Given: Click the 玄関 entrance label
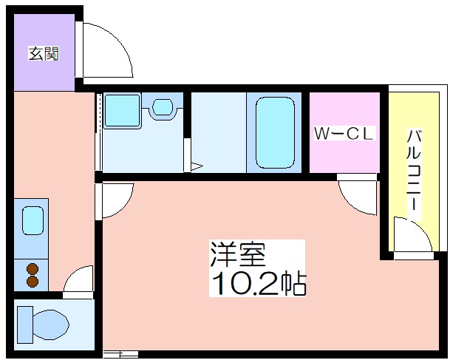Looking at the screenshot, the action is (x=44, y=54).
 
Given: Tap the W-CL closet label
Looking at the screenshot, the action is (x=344, y=133).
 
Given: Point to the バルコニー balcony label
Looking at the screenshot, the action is (x=414, y=171).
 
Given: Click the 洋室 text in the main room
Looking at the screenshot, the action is (x=238, y=254).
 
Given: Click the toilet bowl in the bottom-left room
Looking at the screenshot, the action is (x=51, y=325).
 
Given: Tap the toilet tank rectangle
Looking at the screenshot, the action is (x=25, y=325).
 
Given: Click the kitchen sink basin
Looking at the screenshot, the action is (x=33, y=220).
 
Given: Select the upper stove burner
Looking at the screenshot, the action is (x=33, y=269).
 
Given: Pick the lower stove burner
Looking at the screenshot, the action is (x=33, y=282).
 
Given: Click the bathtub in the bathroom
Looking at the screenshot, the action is (x=275, y=132).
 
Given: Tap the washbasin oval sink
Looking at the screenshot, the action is (x=163, y=106).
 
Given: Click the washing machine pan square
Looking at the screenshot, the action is (x=123, y=110).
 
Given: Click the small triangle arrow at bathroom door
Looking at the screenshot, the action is (x=197, y=166).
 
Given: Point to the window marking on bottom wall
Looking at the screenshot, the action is (x=120, y=354).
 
